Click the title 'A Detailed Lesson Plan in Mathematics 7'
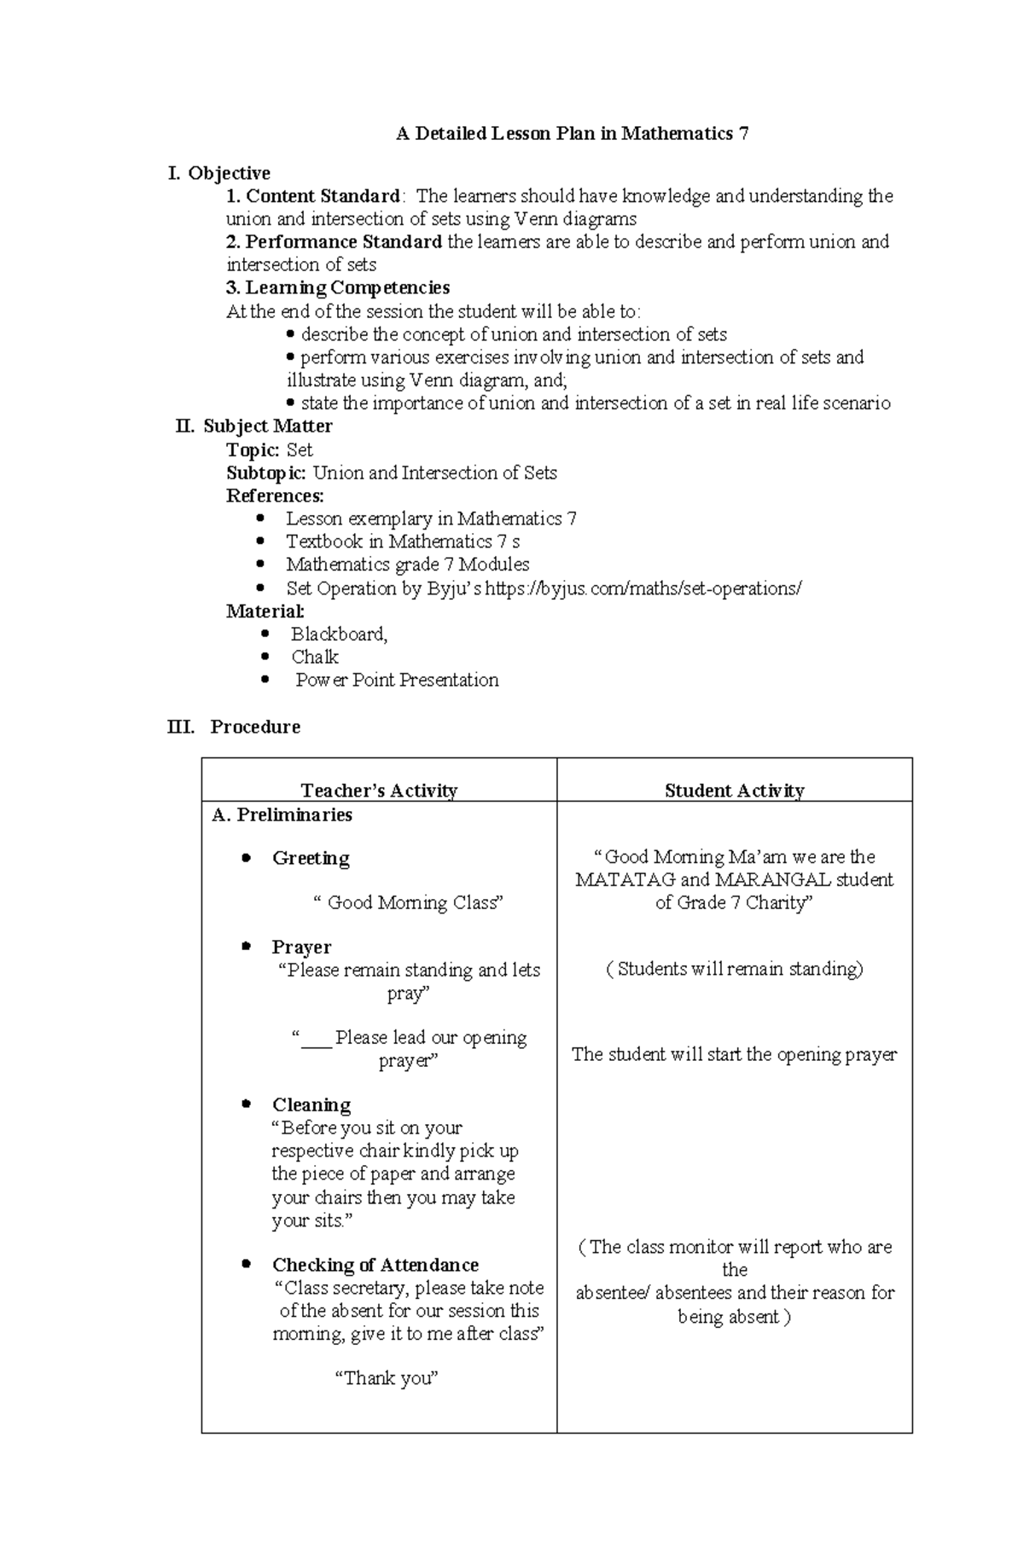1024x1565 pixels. (572, 133)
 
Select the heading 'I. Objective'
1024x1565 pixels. (219, 173)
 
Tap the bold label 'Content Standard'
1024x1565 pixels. (322, 196)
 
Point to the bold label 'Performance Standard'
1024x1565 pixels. (343, 242)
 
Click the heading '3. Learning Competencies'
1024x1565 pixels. (338, 288)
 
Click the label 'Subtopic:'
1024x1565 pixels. (265, 472)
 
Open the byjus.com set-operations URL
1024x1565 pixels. (643, 588)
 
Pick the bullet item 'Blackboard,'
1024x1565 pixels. (339, 634)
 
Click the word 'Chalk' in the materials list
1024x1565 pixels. (315, 657)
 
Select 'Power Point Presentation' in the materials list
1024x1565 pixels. (397, 680)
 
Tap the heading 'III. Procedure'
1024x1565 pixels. (234, 727)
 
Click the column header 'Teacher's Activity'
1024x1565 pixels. (379, 791)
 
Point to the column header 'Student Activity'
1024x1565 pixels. (734, 791)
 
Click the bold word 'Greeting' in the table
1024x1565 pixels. (311, 858)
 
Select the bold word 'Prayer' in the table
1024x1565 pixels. (301, 947)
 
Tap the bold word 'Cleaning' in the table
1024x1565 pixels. (311, 1104)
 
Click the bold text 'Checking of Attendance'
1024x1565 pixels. (375, 1265)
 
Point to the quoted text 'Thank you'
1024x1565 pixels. (387, 1377)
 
